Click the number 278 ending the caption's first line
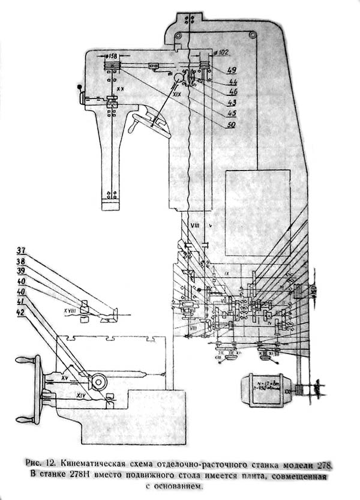point(325,464)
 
